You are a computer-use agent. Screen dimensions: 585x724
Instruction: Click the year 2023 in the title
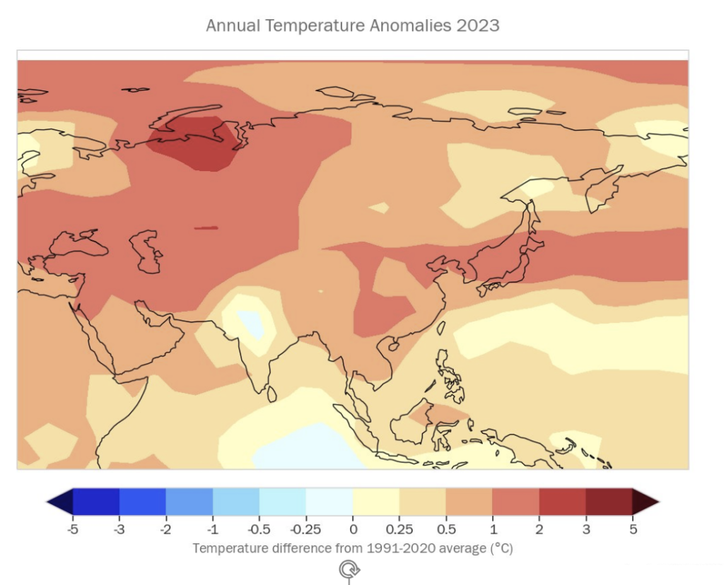click(x=478, y=26)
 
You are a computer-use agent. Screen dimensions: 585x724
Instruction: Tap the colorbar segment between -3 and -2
click(x=142, y=502)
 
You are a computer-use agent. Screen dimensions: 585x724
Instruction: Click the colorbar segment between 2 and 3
click(x=562, y=502)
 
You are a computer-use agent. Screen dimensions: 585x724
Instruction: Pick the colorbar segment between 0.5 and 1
click(x=469, y=502)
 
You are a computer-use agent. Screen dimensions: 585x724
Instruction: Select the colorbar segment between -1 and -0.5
click(x=235, y=502)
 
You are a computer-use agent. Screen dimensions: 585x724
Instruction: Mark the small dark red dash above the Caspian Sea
click(x=206, y=227)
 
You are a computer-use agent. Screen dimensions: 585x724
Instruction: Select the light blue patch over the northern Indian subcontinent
click(x=251, y=323)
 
